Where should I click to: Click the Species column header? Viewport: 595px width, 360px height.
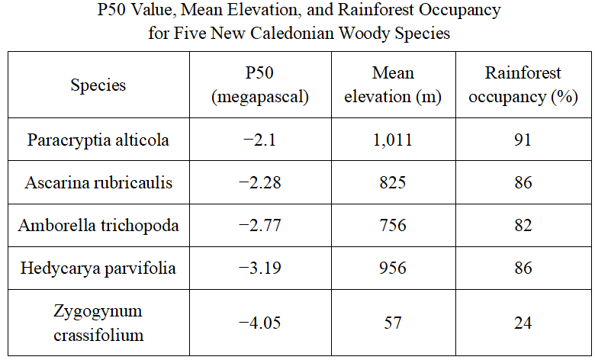(98, 85)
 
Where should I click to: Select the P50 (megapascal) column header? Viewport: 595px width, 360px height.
(260, 85)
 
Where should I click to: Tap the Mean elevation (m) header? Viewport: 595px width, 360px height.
(393, 85)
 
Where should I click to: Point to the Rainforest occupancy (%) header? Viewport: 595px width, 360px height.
(523, 85)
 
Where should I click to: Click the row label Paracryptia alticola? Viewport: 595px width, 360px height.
(98, 140)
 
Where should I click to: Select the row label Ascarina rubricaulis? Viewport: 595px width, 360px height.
(98, 182)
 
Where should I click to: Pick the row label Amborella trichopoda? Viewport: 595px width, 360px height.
(98, 225)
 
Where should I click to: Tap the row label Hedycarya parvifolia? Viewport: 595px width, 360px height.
(98, 268)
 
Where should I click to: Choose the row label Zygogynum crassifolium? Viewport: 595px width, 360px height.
(98, 323)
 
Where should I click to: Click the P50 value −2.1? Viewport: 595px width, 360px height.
(259, 140)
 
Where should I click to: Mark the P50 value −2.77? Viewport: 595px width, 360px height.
(260, 225)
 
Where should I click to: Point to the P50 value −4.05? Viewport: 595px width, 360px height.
(260, 323)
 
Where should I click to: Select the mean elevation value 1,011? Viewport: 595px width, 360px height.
(393, 140)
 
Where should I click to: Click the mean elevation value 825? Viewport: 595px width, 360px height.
(393, 182)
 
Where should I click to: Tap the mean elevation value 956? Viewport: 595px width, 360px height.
(393, 268)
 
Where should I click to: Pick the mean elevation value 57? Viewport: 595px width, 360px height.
(393, 323)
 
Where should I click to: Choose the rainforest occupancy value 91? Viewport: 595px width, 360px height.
(523, 140)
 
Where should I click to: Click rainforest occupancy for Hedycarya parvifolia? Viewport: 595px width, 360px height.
(523, 268)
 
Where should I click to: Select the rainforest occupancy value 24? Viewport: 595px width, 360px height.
(523, 323)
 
